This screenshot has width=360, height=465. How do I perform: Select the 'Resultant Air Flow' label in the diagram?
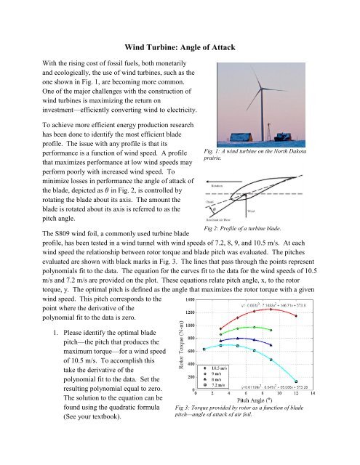click(217, 217)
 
